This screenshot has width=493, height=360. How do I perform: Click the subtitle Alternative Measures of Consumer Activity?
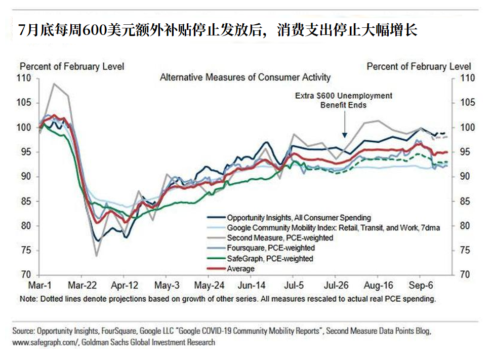pos(245,77)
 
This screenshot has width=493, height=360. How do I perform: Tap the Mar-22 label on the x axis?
pos(82,285)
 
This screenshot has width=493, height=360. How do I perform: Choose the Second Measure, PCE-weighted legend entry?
pos(280,238)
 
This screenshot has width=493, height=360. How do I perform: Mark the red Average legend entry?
pos(240,268)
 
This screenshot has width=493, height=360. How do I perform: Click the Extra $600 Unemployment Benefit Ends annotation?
pos(344,100)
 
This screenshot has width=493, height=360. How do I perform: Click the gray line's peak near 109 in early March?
pos(54,84)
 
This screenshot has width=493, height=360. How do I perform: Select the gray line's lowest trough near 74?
pos(96,256)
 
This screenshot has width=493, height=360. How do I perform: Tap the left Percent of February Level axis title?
pos(71,66)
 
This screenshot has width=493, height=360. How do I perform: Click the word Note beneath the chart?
pos(28,299)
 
